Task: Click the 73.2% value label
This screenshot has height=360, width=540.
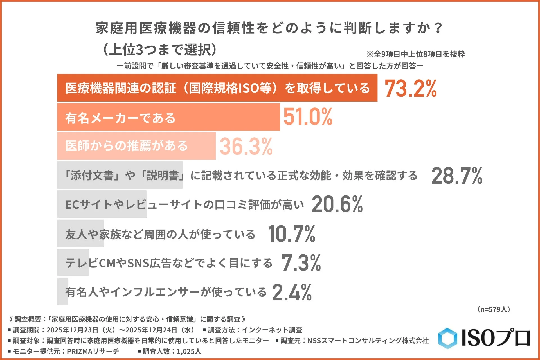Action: click(411, 88)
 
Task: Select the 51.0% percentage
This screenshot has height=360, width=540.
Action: click(308, 117)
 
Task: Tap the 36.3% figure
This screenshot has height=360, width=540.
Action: click(246, 146)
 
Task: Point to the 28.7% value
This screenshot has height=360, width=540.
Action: click(457, 175)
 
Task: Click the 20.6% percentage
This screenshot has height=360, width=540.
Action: click(337, 204)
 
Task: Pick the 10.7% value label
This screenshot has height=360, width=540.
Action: click(292, 234)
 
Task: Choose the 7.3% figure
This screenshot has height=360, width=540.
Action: click(301, 263)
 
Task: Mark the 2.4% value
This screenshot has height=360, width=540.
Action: click(292, 292)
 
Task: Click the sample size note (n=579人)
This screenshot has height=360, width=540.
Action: click(494, 309)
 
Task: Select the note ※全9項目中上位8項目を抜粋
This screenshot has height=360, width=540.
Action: click(416, 54)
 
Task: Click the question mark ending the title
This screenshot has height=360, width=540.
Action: click(438, 28)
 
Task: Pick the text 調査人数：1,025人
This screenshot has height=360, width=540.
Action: click(172, 351)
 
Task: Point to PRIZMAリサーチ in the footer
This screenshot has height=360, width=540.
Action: click(93, 351)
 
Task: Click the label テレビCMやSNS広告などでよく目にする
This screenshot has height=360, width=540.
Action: click(169, 263)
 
